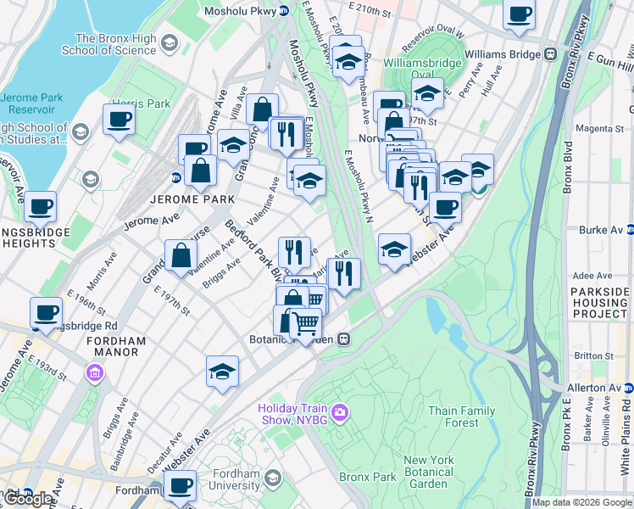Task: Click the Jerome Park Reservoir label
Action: pos(31,103)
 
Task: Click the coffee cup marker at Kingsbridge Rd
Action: pos(47,311)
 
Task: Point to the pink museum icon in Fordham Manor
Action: pos(95,372)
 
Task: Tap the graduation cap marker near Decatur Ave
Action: pos(222,371)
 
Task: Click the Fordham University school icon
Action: pos(272,478)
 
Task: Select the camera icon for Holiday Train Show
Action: pos(339,412)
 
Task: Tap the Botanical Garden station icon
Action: pos(343,338)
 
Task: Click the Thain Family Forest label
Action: pos(461,417)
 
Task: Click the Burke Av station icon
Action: pos(630,229)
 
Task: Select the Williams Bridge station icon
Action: pos(550,54)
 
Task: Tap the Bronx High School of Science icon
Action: pos(170,43)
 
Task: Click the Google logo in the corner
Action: pos(29,499)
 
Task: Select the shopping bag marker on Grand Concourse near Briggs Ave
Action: pos(181,255)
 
